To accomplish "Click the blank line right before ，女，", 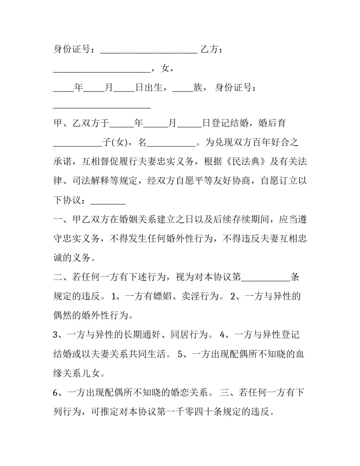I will [x=102, y=69].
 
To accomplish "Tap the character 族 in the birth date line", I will [x=198, y=88].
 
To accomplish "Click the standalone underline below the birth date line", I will [x=102, y=108].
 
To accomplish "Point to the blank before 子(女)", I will [x=77, y=143].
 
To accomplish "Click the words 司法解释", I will [x=91, y=181].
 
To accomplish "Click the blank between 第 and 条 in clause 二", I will [x=266, y=277].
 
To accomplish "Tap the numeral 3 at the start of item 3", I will [x=56, y=335].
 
